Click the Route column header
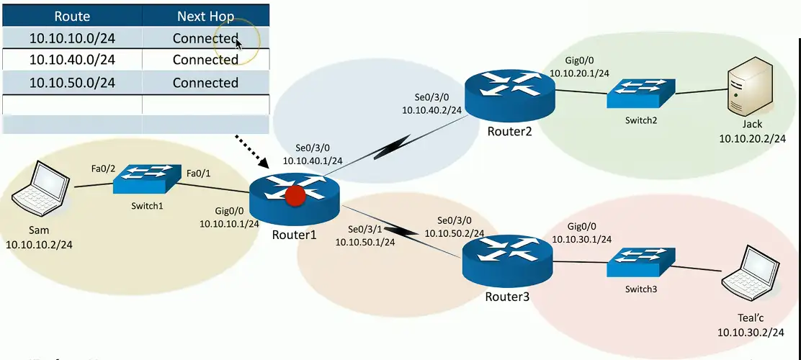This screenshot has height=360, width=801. click(72, 15)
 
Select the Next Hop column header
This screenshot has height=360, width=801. click(205, 15)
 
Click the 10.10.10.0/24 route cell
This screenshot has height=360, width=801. click(72, 38)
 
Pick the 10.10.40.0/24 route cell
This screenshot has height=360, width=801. click(72, 60)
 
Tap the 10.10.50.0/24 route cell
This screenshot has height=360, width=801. click(72, 83)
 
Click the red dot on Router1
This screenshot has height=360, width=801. click(294, 195)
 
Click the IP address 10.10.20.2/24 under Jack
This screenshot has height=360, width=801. click(751, 138)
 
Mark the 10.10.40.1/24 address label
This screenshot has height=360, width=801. click(313, 161)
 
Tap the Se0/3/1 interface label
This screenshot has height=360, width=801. click(364, 229)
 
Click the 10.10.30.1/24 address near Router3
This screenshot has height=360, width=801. click(582, 239)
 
